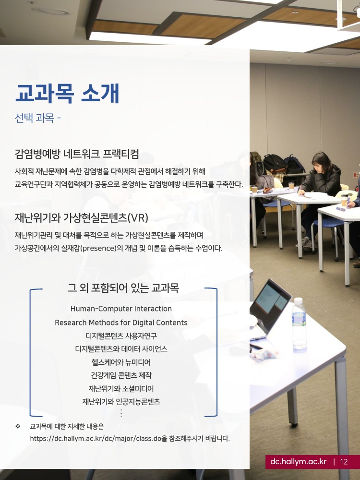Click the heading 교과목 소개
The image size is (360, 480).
tap(67, 93)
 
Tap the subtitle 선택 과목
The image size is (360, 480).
tap(34, 118)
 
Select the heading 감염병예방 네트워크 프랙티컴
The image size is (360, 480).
tap(77, 154)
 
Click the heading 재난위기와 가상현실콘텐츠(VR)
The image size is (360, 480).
tap(82, 217)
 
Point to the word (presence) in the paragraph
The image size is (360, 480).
tap(98, 248)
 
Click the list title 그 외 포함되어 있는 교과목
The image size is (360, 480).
tap(123, 288)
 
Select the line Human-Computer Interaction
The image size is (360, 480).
tap(121, 309)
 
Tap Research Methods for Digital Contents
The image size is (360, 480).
tap(121, 323)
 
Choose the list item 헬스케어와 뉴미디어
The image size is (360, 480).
tap(121, 362)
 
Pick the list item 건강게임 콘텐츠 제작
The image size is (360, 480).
tap(121, 375)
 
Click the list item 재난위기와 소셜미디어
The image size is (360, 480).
tap(121, 389)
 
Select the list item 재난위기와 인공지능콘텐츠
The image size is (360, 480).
tap(121, 402)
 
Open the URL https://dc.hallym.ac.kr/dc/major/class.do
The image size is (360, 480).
tap(96, 439)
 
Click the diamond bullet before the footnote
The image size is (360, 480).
tap(18, 426)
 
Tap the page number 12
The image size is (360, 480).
tap(344, 462)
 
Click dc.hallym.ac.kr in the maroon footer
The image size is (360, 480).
tap(299, 462)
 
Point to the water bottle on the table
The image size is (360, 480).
tap(299, 323)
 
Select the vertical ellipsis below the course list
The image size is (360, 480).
tap(121, 413)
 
